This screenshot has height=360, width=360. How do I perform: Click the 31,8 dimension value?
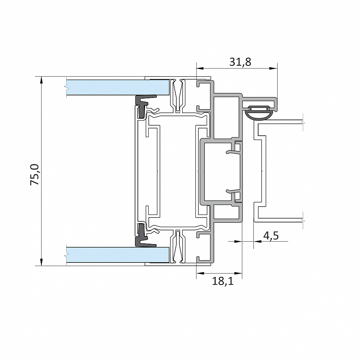click(x=240, y=62)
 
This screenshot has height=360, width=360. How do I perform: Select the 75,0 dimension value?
click(x=35, y=175)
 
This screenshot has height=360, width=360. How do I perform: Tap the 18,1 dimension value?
click(x=222, y=281)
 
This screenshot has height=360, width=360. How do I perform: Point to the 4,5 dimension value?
click(x=271, y=235)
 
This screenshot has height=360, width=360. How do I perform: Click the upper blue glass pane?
click(x=118, y=87)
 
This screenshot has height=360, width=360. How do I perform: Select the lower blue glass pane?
click(x=118, y=255)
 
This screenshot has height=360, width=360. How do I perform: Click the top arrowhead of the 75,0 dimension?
click(x=41, y=80)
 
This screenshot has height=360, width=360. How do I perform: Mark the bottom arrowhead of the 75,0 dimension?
click(x=41, y=262)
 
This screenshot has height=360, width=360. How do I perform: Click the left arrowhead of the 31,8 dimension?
click(x=200, y=68)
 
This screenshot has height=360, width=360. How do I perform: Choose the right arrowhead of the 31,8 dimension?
click(x=274, y=68)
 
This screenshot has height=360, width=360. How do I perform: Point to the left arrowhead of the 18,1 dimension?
click(x=200, y=273)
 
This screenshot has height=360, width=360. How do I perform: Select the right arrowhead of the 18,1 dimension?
click(x=239, y=273)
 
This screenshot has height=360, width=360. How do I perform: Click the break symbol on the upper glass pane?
click(x=66, y=87)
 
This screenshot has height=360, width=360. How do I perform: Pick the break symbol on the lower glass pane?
click(x=66, y=255)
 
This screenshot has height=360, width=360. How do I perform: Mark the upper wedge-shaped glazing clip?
click(x=177, y=95)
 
